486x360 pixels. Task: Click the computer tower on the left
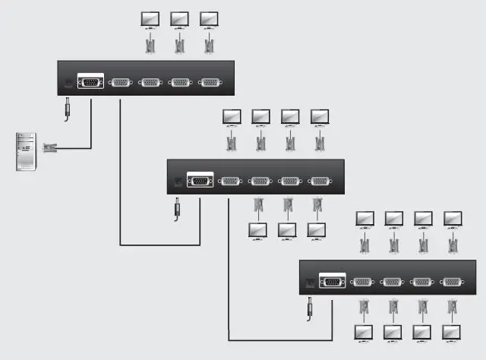[26, 151]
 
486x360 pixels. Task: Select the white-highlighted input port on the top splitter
[90, 83]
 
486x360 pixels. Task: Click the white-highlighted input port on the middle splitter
[200, 181]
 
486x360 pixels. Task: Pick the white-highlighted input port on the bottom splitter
[332, 281]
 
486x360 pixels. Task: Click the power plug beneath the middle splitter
[178, 207]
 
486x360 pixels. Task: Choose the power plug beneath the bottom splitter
[310, 307]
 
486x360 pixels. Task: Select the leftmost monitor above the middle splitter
[231, 117]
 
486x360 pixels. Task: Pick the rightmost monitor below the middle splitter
[316, 229]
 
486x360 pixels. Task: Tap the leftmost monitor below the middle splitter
[258, 229]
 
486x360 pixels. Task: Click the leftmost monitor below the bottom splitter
[364, 332]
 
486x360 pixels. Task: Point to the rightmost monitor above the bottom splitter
[453, 219]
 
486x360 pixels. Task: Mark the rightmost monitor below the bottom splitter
[452, 332]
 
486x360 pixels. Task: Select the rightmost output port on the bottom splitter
[453, 281]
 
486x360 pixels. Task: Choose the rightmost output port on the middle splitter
[320, 181]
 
